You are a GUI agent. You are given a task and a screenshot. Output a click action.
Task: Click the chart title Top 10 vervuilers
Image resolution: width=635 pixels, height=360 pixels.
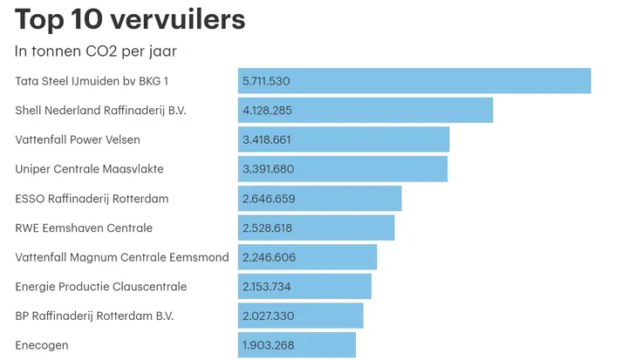[130, 19]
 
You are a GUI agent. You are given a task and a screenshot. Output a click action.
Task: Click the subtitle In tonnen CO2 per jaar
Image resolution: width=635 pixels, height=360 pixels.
[96, 51]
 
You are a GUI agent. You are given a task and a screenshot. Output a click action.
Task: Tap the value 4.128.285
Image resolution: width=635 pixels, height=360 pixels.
[266, 111]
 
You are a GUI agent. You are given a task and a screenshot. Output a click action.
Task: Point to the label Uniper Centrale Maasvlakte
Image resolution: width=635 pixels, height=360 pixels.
[90, 169]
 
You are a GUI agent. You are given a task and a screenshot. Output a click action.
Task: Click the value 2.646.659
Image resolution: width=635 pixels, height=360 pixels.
[269, 199]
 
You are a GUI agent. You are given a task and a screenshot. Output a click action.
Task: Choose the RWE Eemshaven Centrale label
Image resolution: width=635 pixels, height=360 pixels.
[84, 228]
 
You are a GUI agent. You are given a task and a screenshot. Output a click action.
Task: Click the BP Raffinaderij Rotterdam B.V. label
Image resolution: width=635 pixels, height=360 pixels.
[94, 316]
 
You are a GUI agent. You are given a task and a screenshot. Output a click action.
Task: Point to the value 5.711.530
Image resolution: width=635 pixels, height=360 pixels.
[265, 81]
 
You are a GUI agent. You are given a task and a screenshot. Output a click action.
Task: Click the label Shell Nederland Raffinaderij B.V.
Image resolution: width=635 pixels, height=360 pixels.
[101, 111]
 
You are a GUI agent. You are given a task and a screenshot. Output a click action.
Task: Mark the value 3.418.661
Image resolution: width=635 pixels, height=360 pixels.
[267, 139]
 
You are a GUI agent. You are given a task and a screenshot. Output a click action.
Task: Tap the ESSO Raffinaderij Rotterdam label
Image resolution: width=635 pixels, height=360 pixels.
[92, 199]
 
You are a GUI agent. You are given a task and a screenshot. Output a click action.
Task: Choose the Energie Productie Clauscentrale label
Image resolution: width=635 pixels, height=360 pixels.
[101, 287]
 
